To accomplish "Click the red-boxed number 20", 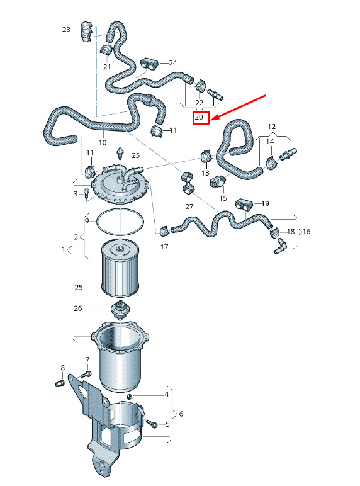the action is (x=199, y=117).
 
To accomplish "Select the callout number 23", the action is (x=66, y=30).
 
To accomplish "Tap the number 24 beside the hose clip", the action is (x=173, y=63).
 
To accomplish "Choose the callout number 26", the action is (x=78, y=308).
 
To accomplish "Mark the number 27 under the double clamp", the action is (x=189, y=206).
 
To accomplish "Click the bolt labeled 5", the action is (x=152, y=424).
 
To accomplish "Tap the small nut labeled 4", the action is (x=130, y=397).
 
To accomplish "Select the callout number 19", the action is (x=265, y=203).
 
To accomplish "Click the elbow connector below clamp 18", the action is (x=280, y=245).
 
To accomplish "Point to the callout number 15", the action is (x=223, y=198).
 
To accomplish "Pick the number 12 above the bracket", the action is (x=272, y=127).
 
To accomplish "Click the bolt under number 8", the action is (x=60, y=383).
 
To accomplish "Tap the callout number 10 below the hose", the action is (x=103, y=142).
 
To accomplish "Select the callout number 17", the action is (x=164, y=247).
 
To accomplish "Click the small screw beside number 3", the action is (x=86, y=193).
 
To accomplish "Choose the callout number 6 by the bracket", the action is (x=181, y=414).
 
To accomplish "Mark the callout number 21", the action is (x=107, y=67).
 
